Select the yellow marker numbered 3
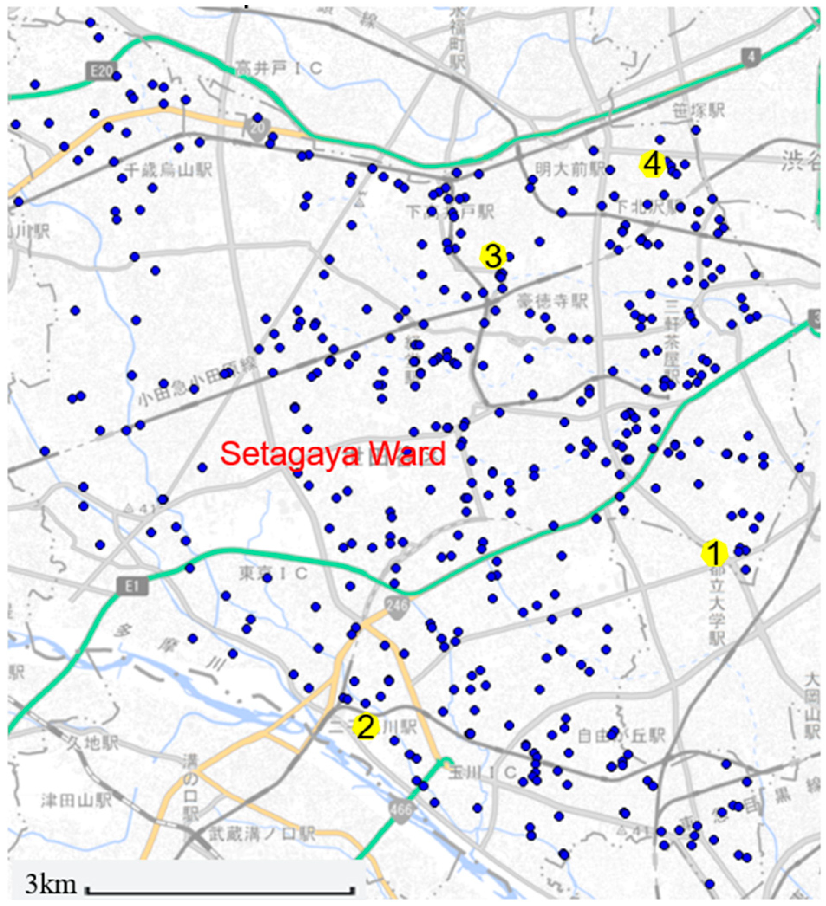tap(493, 256)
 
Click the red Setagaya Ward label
tap(333, 454)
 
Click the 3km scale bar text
tap(50, 884)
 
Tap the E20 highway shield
tap(101, 71)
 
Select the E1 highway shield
tap(131, 586)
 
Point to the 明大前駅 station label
tap(570, 169)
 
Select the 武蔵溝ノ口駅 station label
tap(262, 835)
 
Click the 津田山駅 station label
tap(76, 799)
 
